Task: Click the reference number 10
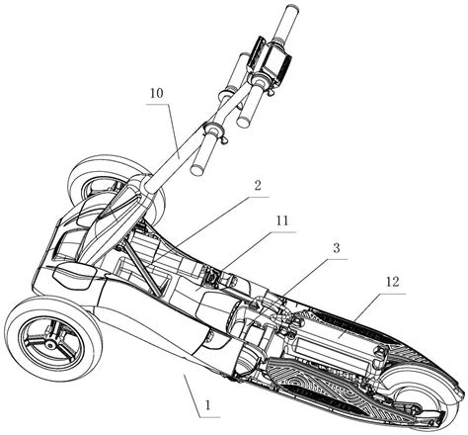[x=157, y=94]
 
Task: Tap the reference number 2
[x=258, y=186]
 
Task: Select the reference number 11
[x=281, y=221]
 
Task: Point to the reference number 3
[x=336, y=248]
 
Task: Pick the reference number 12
[x=392, y=283]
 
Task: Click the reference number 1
[x=207, y=404]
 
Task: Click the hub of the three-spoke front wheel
[x=50, y=345]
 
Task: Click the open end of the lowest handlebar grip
[x=197, y=169]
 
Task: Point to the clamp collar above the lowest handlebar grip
[x=213, y=130]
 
